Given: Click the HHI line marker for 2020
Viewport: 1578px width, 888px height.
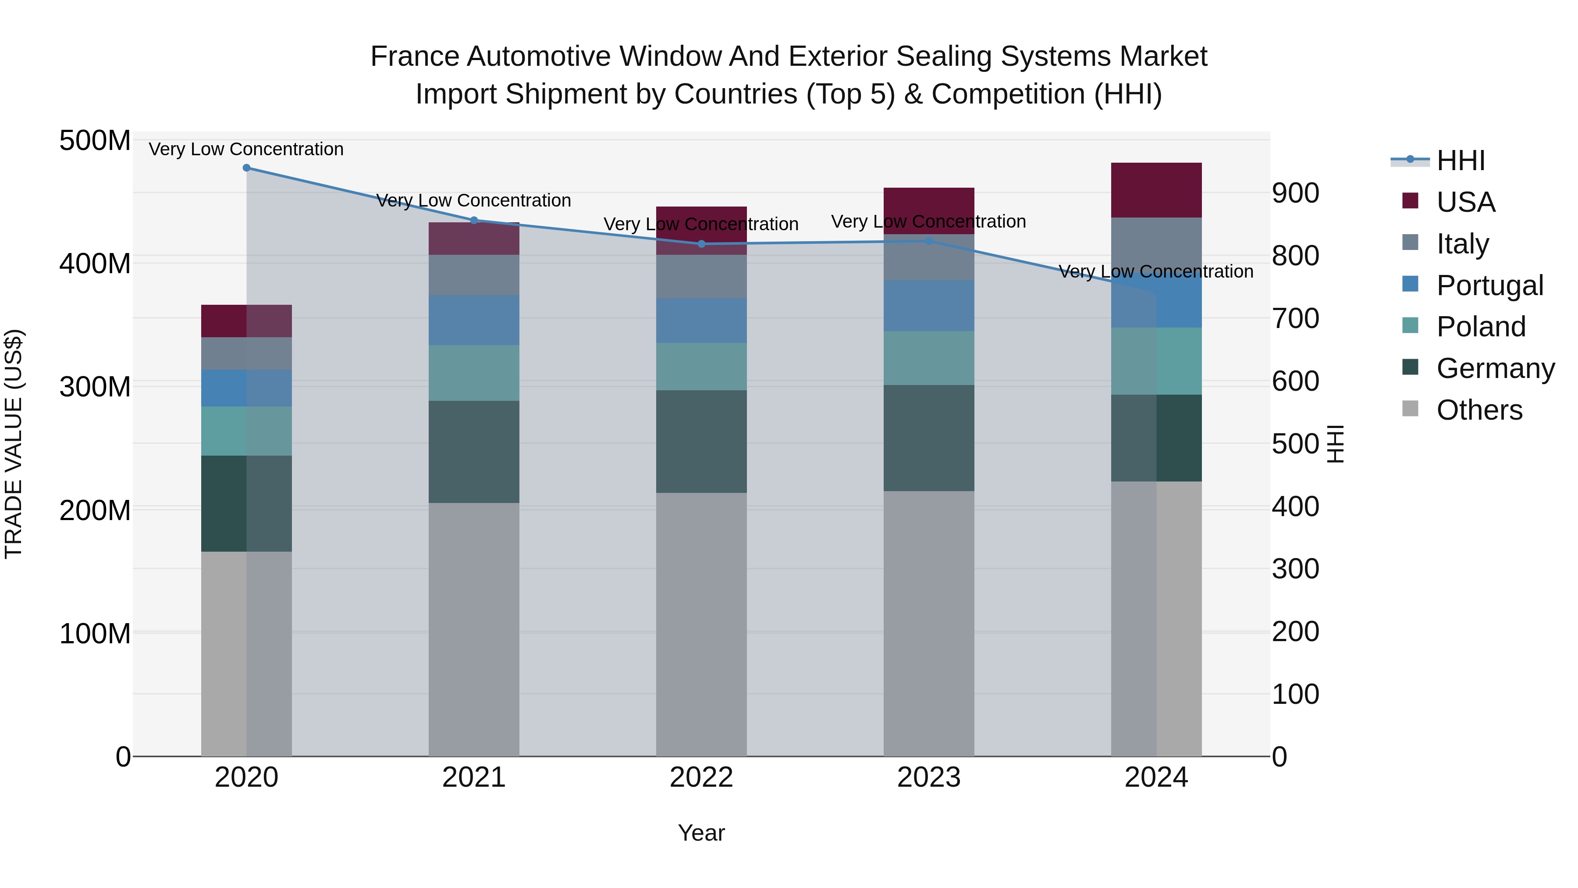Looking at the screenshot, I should (x=246, y=168).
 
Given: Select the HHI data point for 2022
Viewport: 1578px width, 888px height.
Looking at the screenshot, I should (x=701, y=244).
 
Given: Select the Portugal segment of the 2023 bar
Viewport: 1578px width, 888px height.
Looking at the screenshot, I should (x=929, y=306).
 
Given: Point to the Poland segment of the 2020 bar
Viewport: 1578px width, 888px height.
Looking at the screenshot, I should (x=246, y=431).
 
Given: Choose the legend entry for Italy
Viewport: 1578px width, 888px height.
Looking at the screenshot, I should (x=1462, y=244).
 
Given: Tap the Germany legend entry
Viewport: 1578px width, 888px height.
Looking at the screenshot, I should (x=1495, y=368).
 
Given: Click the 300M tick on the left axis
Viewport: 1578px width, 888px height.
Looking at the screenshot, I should (x=95, y=387).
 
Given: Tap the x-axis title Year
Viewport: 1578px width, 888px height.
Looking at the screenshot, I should (x=701, y=833).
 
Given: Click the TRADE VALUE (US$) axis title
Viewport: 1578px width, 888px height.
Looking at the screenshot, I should (x=14, y=444).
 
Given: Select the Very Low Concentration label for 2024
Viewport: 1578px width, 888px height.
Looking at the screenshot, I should (x=1155, y=271).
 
